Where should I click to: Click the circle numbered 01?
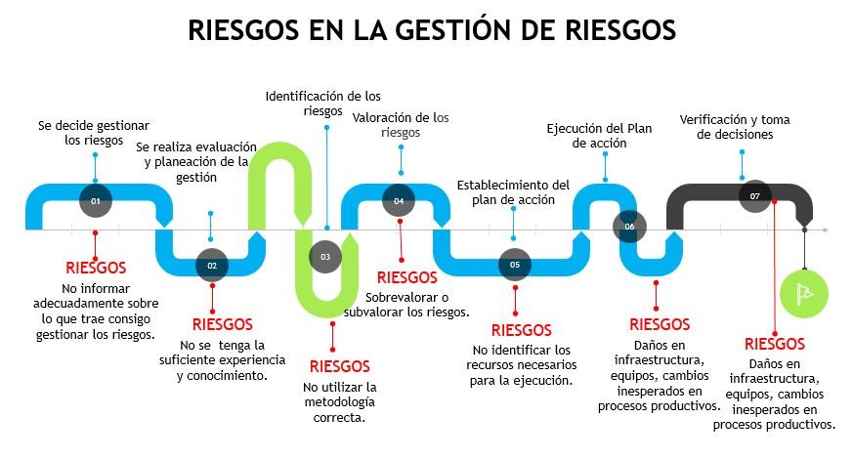[x=96, y=200]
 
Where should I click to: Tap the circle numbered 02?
[x=212, y=265]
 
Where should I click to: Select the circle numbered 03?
[x=325, y=257]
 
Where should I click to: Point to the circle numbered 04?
[x=399, y=200]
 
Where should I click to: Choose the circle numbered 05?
[x=515, y=265]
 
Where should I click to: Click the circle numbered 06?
[x=629, y=227]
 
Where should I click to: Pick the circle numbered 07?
[x=754, y=196]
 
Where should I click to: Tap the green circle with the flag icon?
[x=804, y=290]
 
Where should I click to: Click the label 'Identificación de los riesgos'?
[x=323, y=104]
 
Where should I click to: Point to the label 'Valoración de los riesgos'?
[x=401, y=124]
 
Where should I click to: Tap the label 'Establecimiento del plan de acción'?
[x=513, y=191]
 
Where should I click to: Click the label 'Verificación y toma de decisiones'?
[x=735, y=127]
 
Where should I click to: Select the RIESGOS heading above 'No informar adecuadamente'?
[x=96, y=267]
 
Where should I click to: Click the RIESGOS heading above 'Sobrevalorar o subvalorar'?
[x=406, y=277]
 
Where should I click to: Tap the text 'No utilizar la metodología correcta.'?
[x=339, y=401]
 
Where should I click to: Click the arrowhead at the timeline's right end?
[x=825, y=230]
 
